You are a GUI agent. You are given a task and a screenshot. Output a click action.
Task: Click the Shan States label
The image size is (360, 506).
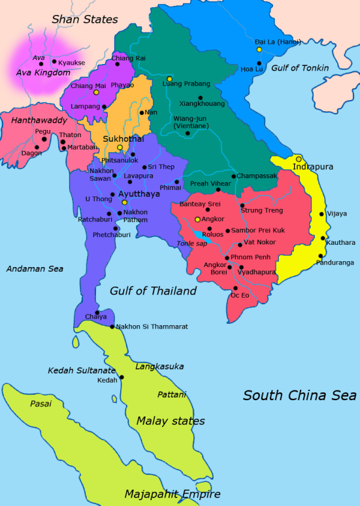(x=84, y=19)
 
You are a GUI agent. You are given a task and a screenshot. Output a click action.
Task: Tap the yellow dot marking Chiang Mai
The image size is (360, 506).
(x=95, y=92)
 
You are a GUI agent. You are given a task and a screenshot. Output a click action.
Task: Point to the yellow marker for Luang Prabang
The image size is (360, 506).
(x=169, y=78)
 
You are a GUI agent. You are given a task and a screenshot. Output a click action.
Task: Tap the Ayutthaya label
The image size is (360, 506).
(x=139, y=194)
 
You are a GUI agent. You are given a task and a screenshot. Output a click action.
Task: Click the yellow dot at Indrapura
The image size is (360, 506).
(x=299, y=159)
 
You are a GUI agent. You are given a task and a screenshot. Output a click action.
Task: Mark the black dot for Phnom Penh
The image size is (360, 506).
(x=227, y=258)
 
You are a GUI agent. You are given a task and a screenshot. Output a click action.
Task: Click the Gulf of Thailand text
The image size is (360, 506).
(x=153, y=291)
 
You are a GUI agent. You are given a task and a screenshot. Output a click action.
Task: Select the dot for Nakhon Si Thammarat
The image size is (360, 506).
(x=112, y=326)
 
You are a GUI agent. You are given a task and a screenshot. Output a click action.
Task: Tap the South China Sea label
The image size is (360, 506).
(x=300, y=395)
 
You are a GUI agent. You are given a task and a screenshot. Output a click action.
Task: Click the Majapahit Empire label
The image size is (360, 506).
(x=172, y=494)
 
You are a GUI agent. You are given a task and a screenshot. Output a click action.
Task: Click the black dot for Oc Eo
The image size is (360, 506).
(x=235, y=288)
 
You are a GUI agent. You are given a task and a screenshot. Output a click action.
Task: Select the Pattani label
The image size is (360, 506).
(x=172, y=394)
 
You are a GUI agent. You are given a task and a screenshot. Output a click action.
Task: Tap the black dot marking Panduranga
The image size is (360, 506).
(x=321, y=256)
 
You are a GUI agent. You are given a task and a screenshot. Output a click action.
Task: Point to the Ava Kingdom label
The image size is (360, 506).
(x=44, y=72)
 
